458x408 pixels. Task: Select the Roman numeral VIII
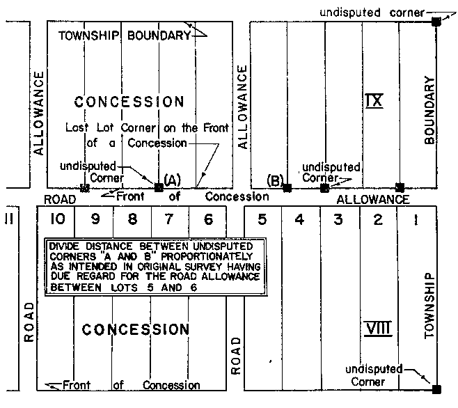[x=376, y=327]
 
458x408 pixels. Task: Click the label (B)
[x=274, y=181]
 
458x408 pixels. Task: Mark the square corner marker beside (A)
[x=159, y=187]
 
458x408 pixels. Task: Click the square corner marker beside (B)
[x=287, y=188]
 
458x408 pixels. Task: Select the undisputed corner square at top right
[x=436, y=22]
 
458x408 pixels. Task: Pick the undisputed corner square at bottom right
[x=436, y=389]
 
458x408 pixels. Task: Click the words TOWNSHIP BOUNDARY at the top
[x=124, y=36]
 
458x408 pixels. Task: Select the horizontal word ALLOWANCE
[x=373, y=200]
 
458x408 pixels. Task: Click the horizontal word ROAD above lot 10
[x=58, y=199]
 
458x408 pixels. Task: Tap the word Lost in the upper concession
[x=78, y=128]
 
